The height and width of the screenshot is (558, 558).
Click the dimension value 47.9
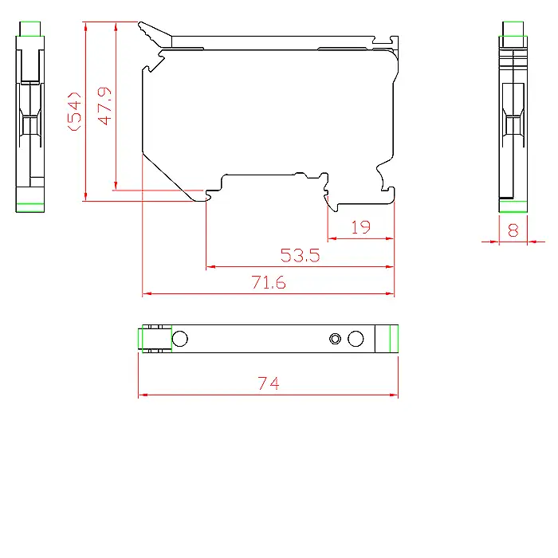coord(104,106)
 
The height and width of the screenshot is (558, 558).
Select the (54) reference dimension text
coord(74,112)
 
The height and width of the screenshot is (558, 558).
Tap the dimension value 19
coord(361,227)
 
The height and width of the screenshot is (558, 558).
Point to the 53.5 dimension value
coord(300,255)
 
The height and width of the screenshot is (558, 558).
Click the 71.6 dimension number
coord(269,282)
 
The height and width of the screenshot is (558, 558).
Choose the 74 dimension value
coord(269,383)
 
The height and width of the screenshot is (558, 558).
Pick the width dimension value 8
coord(513,230)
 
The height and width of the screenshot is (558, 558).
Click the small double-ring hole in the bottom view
coord(335,339)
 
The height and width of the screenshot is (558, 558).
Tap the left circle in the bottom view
coord(179,339)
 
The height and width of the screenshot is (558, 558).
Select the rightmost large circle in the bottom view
coord(356,339)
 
